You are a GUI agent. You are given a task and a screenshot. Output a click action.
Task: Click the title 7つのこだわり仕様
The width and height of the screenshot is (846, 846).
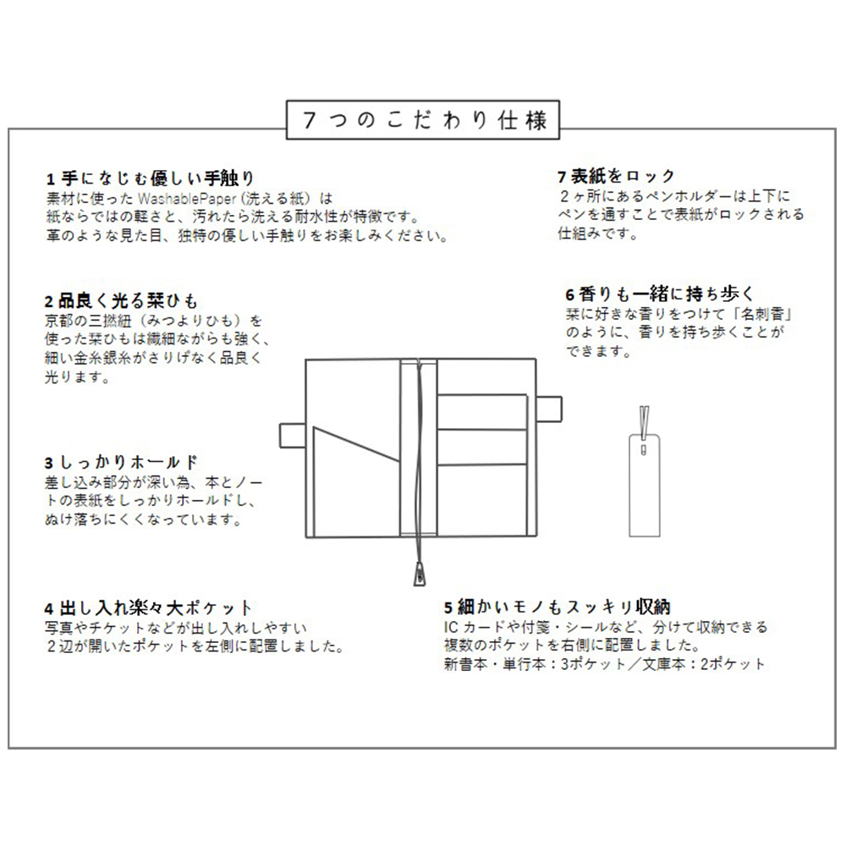(422, 120)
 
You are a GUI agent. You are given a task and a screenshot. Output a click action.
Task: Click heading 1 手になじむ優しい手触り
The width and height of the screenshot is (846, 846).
(150, 179)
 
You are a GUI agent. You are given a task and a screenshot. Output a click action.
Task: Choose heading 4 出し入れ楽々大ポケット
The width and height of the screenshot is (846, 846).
(149, 608)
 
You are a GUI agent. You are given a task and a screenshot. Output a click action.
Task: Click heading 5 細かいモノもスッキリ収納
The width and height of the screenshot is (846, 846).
(558, 607)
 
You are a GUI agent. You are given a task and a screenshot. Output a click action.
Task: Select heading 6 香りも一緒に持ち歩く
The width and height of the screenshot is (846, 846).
(659, 294)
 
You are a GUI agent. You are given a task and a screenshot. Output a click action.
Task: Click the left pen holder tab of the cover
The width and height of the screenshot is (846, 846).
(292, 434)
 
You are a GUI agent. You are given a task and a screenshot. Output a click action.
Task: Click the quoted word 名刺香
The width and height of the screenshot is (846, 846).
(770, 314)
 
